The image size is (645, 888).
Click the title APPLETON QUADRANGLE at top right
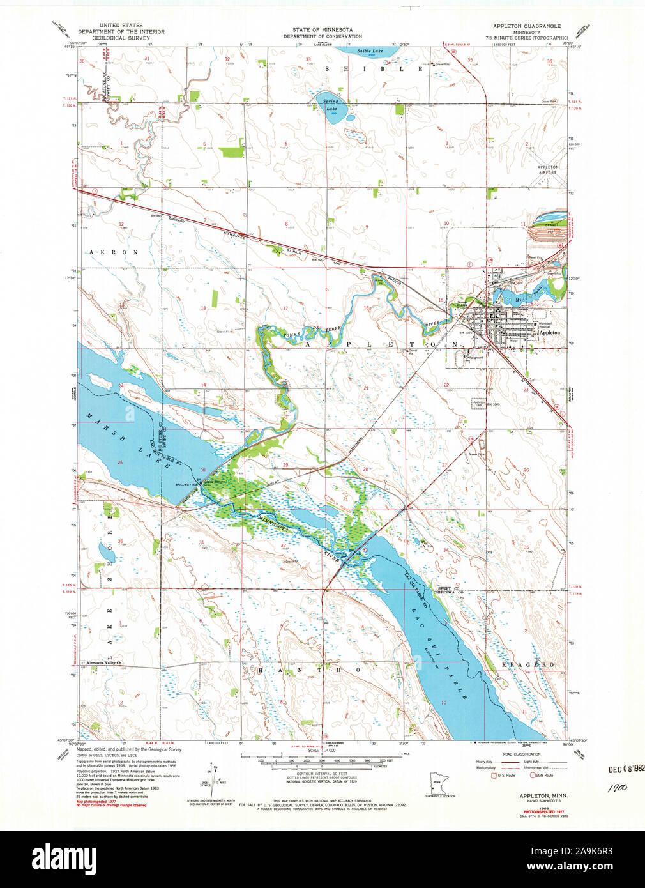(526, 26)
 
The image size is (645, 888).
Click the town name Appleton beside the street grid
(549, 333)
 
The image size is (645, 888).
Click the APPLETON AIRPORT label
(548, 170)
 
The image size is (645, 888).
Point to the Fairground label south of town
(476, 358)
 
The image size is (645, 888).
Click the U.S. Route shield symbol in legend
(493, 775)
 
